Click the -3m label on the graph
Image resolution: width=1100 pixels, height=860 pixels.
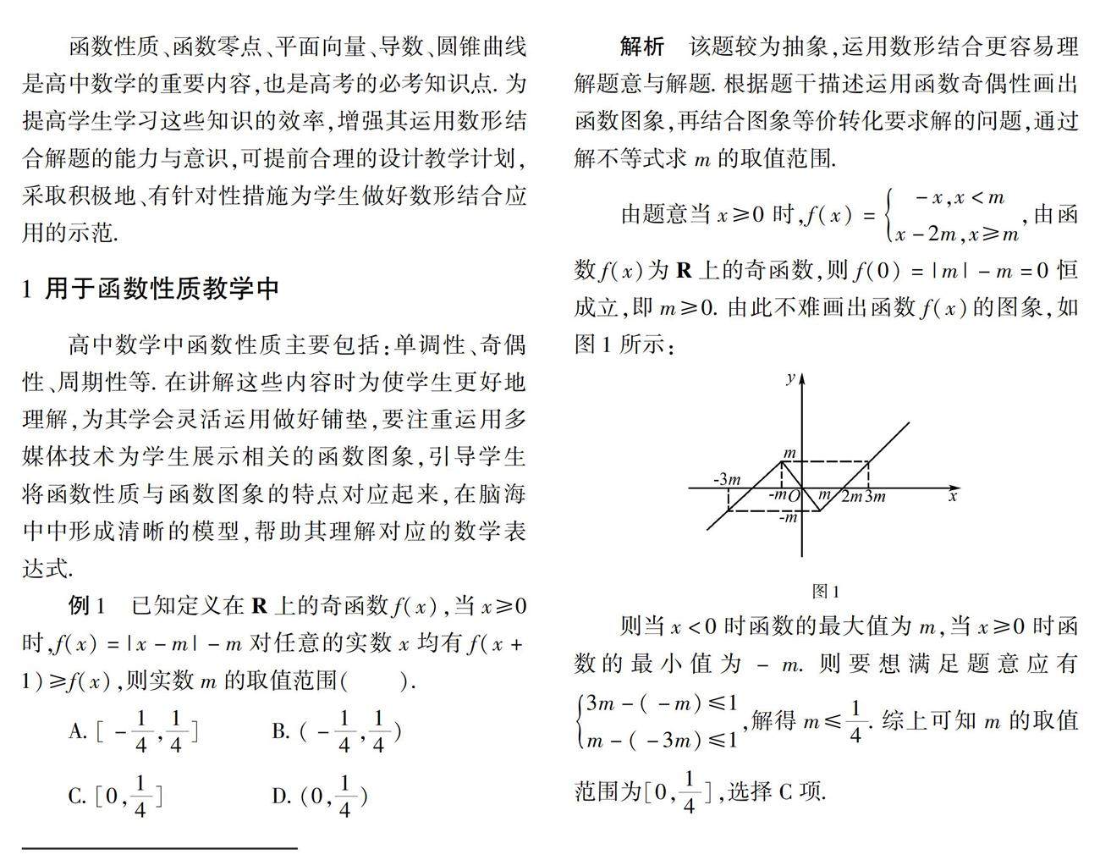point(727,479)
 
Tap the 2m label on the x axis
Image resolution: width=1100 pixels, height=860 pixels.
point(850,497)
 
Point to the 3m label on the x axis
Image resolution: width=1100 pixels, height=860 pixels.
point(875,497)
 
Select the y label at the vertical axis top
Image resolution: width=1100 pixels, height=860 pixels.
point(789,378)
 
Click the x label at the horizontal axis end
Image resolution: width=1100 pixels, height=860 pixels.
point(953,496)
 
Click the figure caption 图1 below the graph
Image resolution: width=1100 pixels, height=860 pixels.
point(825,592)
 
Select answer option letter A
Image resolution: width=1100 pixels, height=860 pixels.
point(77,731)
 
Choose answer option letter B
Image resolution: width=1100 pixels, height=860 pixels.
point(280,731)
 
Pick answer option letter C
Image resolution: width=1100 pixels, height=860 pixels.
point(77,797)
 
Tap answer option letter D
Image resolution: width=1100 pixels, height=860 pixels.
point(280,797)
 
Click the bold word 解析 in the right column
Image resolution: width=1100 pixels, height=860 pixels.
point(642,47)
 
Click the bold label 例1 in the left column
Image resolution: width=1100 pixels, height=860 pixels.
point(87,606)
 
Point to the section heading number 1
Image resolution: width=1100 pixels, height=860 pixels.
point(27,289)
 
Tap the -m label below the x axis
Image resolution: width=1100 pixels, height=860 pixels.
point(788,516)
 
